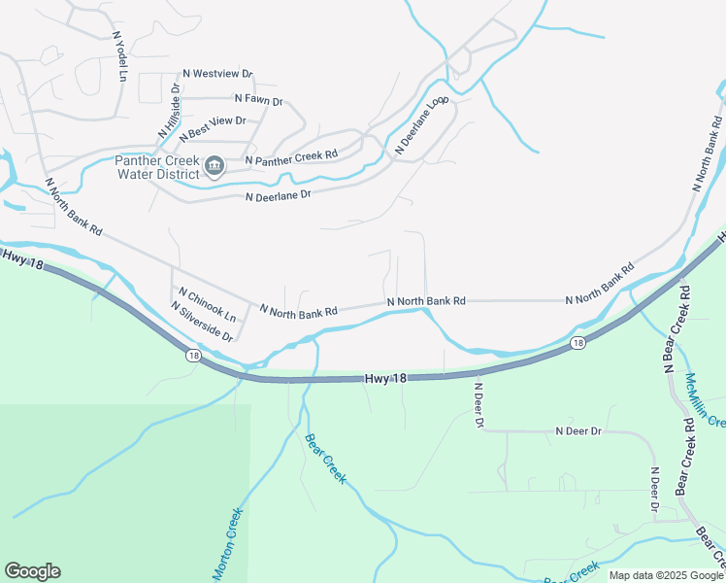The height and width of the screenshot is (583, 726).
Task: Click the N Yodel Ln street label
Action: pos(119,55)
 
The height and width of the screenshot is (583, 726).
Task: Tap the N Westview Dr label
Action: pos(217,74)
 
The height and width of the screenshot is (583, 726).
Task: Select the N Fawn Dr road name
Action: pos(258,100)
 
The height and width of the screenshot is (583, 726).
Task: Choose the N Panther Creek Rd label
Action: pos(291,155)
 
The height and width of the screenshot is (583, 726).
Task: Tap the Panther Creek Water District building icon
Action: pos(214,167)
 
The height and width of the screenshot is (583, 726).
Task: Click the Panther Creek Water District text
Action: pos(156,167)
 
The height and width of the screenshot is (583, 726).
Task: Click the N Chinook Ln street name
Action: pos(207,304)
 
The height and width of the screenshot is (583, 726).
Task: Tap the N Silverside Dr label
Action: pos(202,322)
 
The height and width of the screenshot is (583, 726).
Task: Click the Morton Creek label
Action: pos(227,544)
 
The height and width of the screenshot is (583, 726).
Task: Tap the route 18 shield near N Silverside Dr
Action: pos(193,356)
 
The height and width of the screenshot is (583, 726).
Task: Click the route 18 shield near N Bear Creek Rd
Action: pos(577,342)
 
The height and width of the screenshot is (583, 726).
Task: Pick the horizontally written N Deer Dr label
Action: pos(578,430)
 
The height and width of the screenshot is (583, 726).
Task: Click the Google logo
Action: pos(32,571)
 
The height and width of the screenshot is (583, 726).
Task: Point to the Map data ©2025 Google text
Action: pos(665,575)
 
